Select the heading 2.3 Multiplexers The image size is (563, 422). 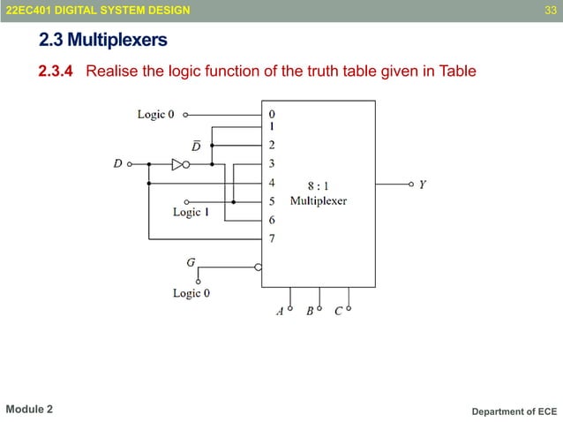[x=103, y=40]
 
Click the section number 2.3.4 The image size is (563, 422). [x=56, y=71]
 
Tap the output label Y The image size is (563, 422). [x=423, y=185]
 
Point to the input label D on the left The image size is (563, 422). [x=117, y=163]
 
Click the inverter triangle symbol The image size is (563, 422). [x=177, y=163]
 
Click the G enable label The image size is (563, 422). [x=191, y=261]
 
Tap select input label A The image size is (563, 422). [x=280, y=312]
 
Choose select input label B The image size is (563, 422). [x=310, y=312]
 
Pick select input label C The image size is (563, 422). [x=339, y=312]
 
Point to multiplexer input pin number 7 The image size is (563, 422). [x=272, y=238]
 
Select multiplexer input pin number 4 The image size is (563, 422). [x=272, y=183]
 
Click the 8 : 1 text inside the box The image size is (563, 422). [x=319, y=186]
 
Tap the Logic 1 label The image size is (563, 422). [x=191, y=212]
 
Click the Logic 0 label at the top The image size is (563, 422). [x=156, y=114]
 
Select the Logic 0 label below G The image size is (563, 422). [x=191, y=293]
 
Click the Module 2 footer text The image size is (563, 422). [x=29, y=410]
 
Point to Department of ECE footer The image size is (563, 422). [x=514, y=411]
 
